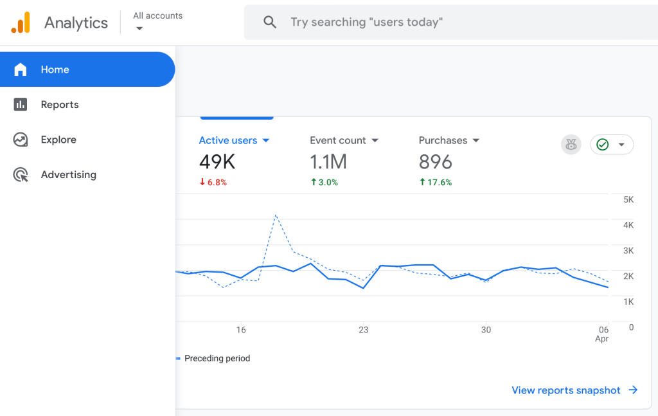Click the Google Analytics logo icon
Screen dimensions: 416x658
(x=21, y=23)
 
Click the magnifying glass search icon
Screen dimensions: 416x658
(x=270, y=23)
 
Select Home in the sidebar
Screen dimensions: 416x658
(x=55, y=69)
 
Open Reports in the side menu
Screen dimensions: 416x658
(x=59, y=105)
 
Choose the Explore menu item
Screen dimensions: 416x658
(x=58, y=140)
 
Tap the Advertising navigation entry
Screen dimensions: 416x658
(x=68, y=175)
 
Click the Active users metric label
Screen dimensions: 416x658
(x=228, y=140)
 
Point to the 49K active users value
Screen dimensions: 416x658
(x=217, y=161)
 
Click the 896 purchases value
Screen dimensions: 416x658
(x=435, y=161)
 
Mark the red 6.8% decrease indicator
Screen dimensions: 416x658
(x=213, y=183)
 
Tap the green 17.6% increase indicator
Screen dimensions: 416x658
(x=435, y=183)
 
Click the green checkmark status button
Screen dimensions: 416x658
(x=611, y=145)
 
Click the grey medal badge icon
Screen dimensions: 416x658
(x=571, y=145)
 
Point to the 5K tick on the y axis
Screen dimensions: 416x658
(x=628, y=200)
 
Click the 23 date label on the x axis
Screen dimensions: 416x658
(x=364, y=330)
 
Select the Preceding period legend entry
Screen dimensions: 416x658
(x=217, y=358)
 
